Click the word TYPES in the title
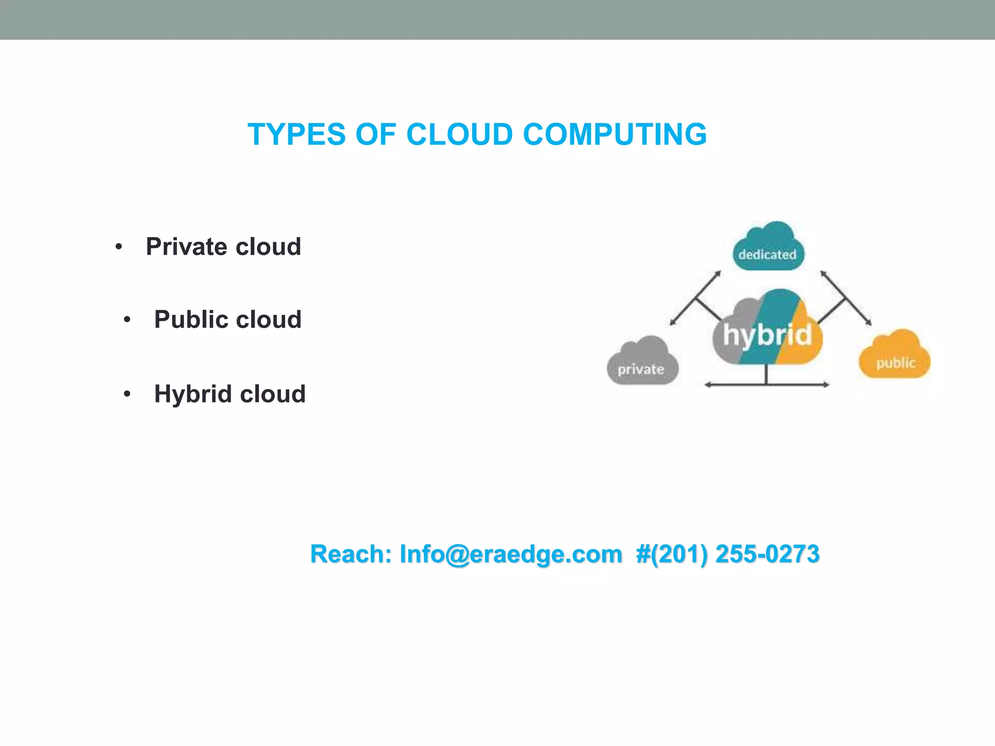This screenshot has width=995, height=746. pyautogui.click(x=296, y=135)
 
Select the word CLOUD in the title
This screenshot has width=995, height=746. pyautogui.click(x=459, y=135)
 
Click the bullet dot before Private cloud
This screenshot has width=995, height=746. pyautogui.click(x=119, y=247)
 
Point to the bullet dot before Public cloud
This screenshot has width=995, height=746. pyautogui.click(x=127, y=320)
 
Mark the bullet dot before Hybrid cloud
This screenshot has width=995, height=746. pyautogui.click(x=127, y=394)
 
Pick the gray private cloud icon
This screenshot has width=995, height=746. pyautogui.click(x=642, y=362)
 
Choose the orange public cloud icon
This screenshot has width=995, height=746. pyautogui.click(x=894, y=356)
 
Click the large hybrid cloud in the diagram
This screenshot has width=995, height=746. pyautogui.click(x=767, y=330)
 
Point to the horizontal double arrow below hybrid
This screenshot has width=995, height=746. pyautogui.click(x=767, y=385)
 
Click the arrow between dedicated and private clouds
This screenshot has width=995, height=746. pyautogui.click(x=695, y=298)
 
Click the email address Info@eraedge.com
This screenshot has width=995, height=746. pyautogui.click(x=511, y=554)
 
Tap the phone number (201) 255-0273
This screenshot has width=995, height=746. pyautogui.click(x=734, y=554)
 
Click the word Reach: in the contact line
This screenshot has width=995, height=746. pyautogui.click(x=351, y=554)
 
